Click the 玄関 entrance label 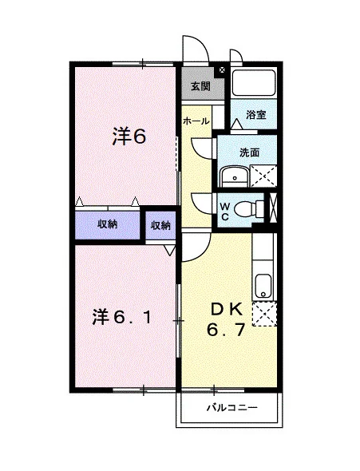(201, 86)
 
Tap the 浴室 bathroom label (255, 114)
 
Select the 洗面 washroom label (249, 152)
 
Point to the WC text (225, 212)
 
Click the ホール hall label (196, 121)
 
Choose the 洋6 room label (129, 137)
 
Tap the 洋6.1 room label (122, 317)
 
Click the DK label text (227, 310)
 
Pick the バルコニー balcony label (231, 408)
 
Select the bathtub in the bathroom (254, 82)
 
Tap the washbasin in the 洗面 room (235, 176)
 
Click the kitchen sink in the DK (263, 287)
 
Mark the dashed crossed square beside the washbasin (263, 176)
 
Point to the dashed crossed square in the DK (264, 315)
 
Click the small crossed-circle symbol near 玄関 (222, 70)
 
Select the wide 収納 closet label (107, 224)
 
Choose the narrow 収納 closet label (160, 225)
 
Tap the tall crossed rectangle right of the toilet (273, 208)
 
